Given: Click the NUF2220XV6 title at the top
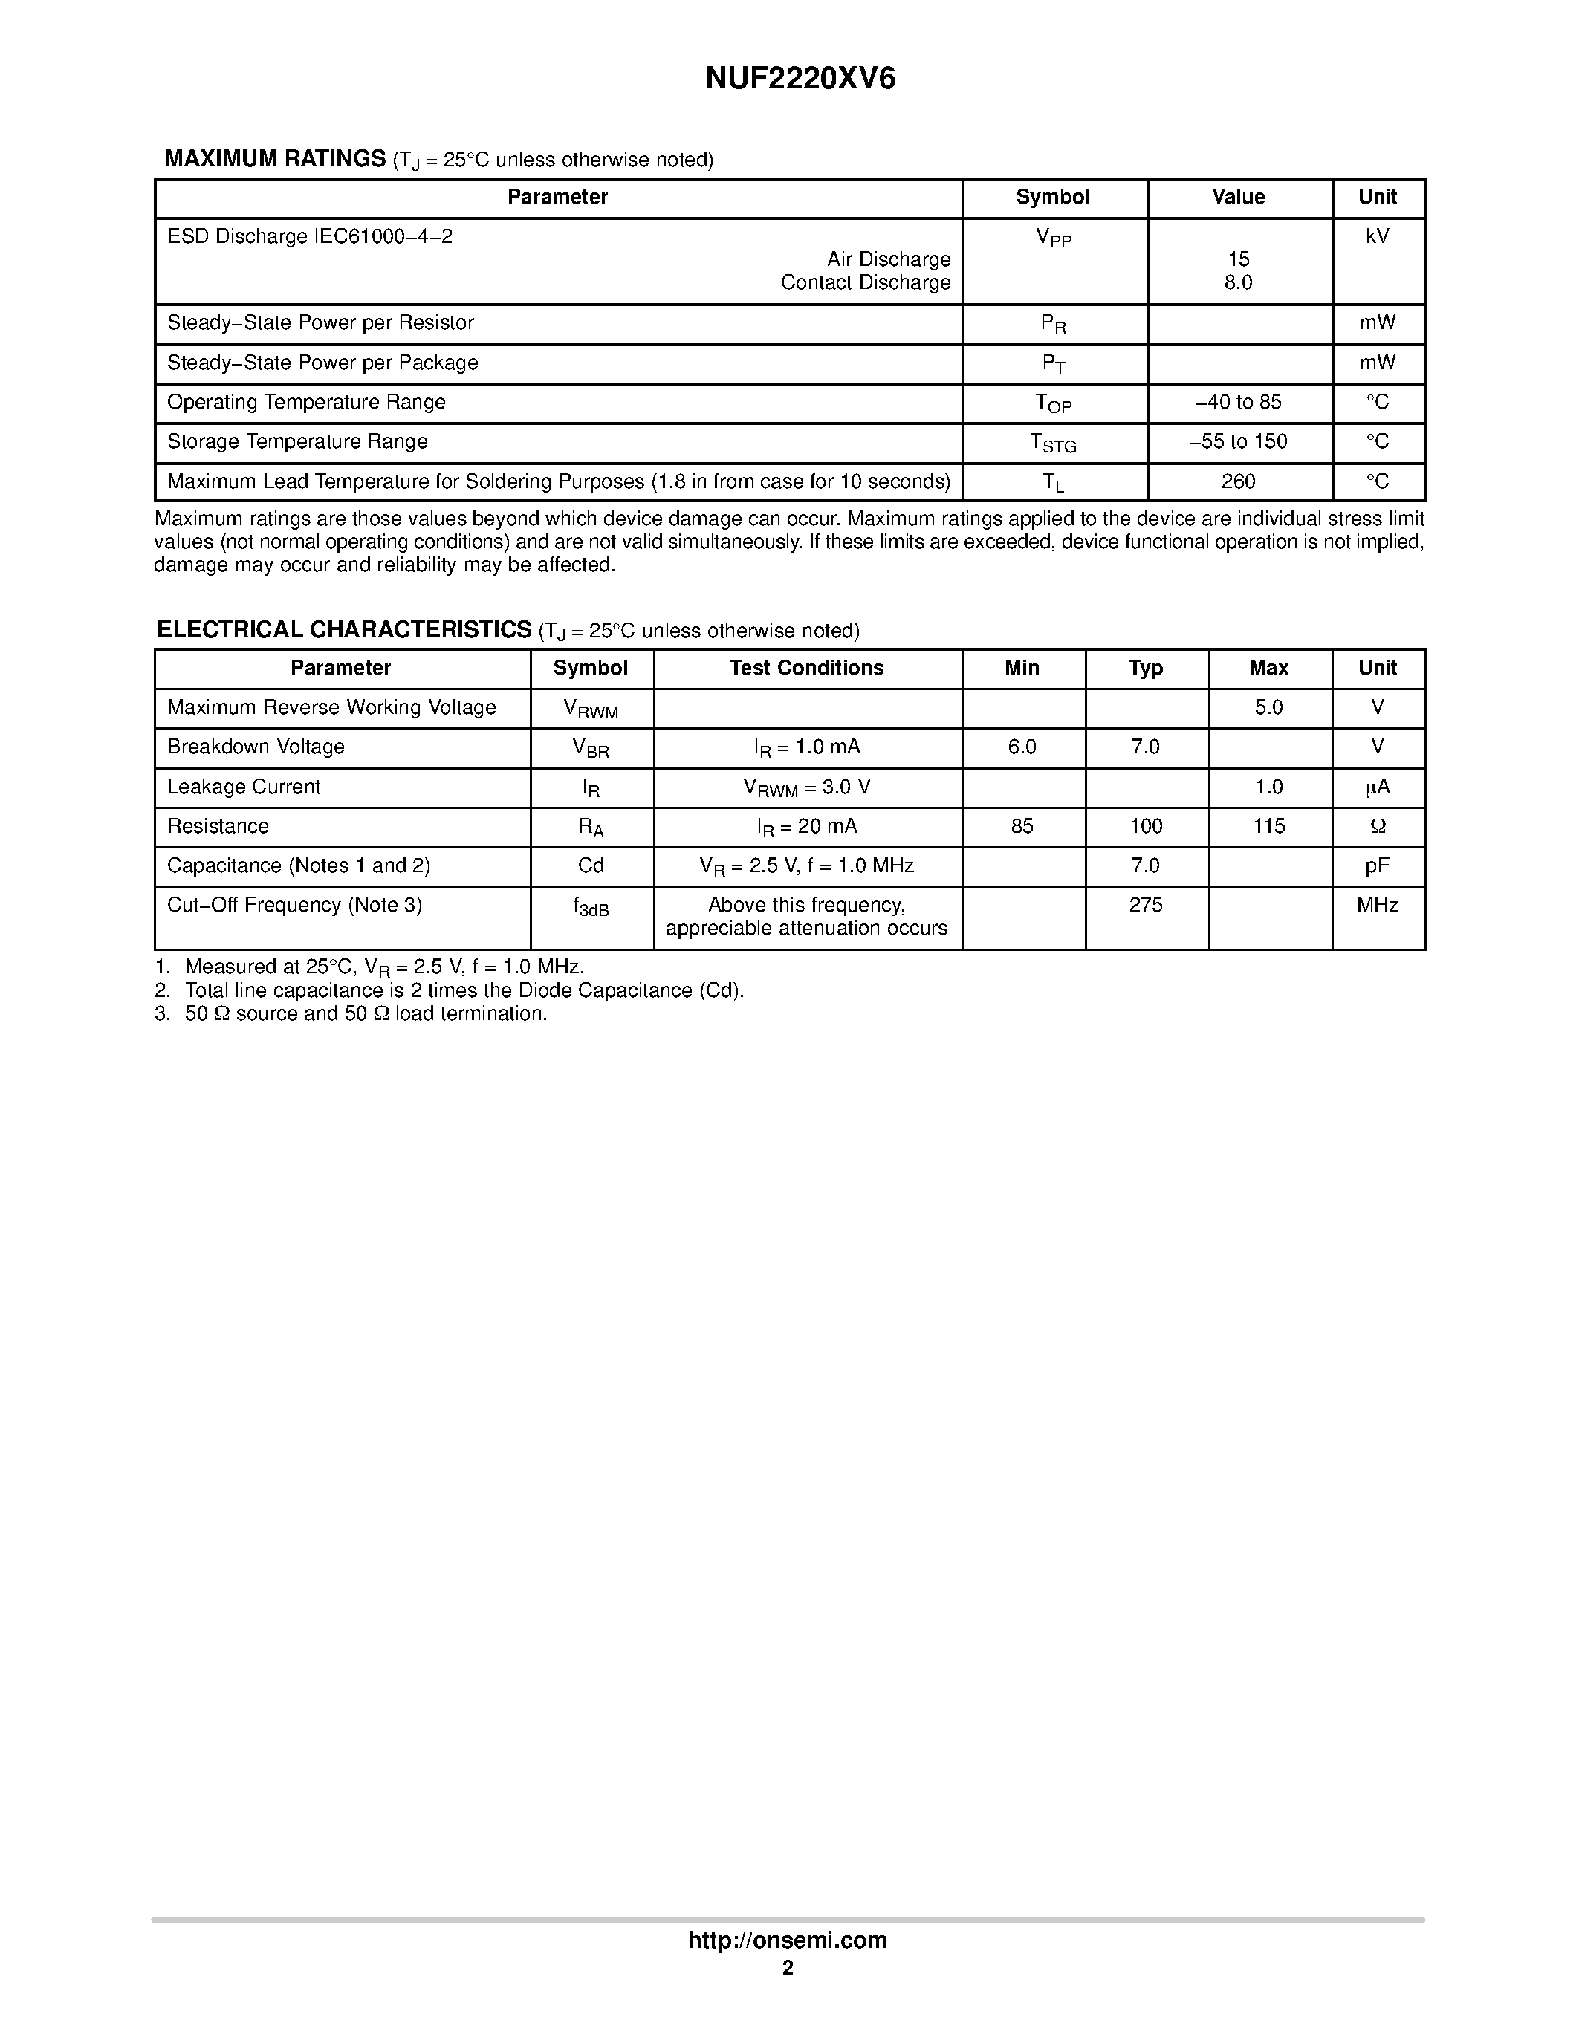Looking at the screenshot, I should coord(800,79).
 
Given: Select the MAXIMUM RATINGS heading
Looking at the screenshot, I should coord(275,159).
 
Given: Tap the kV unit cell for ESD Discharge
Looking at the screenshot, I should coord(1377,237).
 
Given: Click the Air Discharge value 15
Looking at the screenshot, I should coord(1239,259).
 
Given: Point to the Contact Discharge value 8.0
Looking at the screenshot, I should coord(1239,282).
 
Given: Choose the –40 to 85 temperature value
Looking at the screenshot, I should coord(1239,402).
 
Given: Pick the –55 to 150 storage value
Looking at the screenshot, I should coord(1239,441).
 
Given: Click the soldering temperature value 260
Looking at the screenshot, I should coord(1239,481).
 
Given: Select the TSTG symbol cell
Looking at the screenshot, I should coord(1054,443).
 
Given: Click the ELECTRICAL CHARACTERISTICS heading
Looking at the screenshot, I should coord(344,629).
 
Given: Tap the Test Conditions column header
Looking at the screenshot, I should coord(806,668).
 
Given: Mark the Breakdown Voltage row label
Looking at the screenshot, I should coord(256,747).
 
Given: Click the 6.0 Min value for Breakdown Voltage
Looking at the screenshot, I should coord(1022,747).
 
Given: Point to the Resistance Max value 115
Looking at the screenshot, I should coord(1268,826).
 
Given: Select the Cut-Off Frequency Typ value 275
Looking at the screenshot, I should coord(1145,905).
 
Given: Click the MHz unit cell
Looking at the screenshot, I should coord(1377,905).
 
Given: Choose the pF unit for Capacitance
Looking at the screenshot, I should coord(1377,865).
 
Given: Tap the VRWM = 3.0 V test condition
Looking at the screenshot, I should coord(806,787).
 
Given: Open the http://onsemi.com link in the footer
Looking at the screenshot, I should coord(788,1966).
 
